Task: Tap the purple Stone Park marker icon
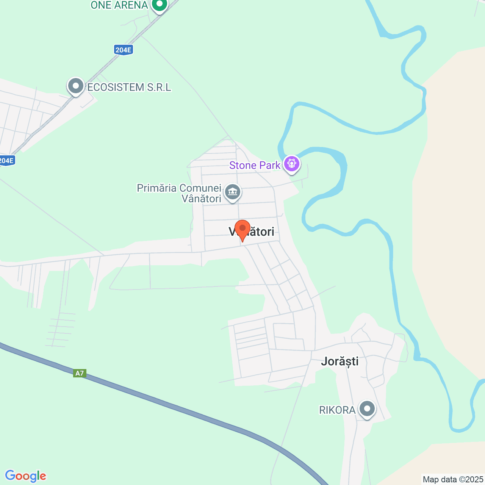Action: click(x=292, y=164)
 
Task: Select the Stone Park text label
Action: click(x=255, y=165)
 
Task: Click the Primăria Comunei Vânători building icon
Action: click(x=233, y=192)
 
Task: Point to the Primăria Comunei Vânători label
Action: click(x=179, y=193)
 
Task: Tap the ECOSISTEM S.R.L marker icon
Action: click(x=76, y=86)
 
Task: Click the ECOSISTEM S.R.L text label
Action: click(x=129, y=87)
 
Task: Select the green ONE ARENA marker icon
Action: click(x=159, y=5)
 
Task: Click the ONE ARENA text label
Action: click(x=119, y=5)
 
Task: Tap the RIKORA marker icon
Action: click(x=367, y=409)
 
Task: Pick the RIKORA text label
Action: click(x=337, y=410)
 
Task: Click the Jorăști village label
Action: click(x=339, y=361)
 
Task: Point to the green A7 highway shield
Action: click(x=80, y=373)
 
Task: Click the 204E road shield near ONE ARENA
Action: click(x=124, y=50)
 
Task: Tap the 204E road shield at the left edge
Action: click(x=7, y=161)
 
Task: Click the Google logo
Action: click(x=25, y=476)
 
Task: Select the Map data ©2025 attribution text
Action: click(x=453, y=479)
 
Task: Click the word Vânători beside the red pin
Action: click(x=258, y=232)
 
